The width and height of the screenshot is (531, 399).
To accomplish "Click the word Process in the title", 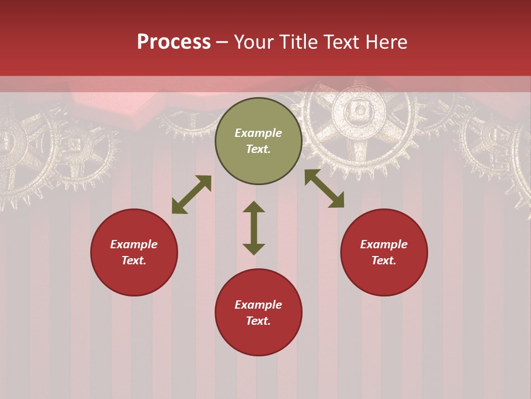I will pos(174,42).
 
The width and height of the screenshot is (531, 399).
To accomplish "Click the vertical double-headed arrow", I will pos(254,228).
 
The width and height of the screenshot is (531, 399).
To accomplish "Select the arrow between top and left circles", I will pos(191,195).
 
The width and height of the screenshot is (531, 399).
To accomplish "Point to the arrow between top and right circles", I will pos(324,188).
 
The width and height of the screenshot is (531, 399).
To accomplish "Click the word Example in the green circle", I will pos(258,133).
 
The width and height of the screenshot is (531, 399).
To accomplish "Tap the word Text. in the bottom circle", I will pos(258,321).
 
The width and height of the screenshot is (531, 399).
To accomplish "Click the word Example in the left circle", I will pos(134,244).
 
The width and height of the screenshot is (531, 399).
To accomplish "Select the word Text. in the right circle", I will pos(384,260).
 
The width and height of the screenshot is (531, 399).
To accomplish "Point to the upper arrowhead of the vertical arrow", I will pos(254,207).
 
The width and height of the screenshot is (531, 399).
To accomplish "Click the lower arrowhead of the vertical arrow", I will pos(254,249).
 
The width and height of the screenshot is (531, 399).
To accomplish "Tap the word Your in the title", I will pos(253,42).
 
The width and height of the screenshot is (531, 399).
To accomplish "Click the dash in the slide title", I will pos(222,42).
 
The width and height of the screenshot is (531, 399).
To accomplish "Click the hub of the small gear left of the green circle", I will pos(74,145).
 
